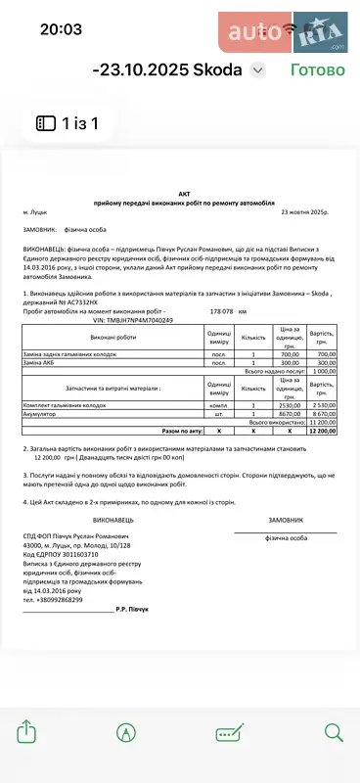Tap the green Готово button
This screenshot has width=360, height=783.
[317, 70]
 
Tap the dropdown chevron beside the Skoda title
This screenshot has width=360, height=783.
[257, 70]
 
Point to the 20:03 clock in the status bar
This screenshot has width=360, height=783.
[61, 29]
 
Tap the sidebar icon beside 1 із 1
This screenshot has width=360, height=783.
[46, 123]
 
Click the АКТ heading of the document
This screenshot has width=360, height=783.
[181, 194]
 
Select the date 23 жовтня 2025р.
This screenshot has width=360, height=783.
[311, 211]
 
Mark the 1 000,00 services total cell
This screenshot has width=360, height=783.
[322, 372]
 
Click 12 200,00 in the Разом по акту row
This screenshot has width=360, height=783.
[322, 430]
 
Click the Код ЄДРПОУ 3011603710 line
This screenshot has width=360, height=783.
[68, 554]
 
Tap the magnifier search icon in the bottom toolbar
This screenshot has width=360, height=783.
[334, 732]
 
